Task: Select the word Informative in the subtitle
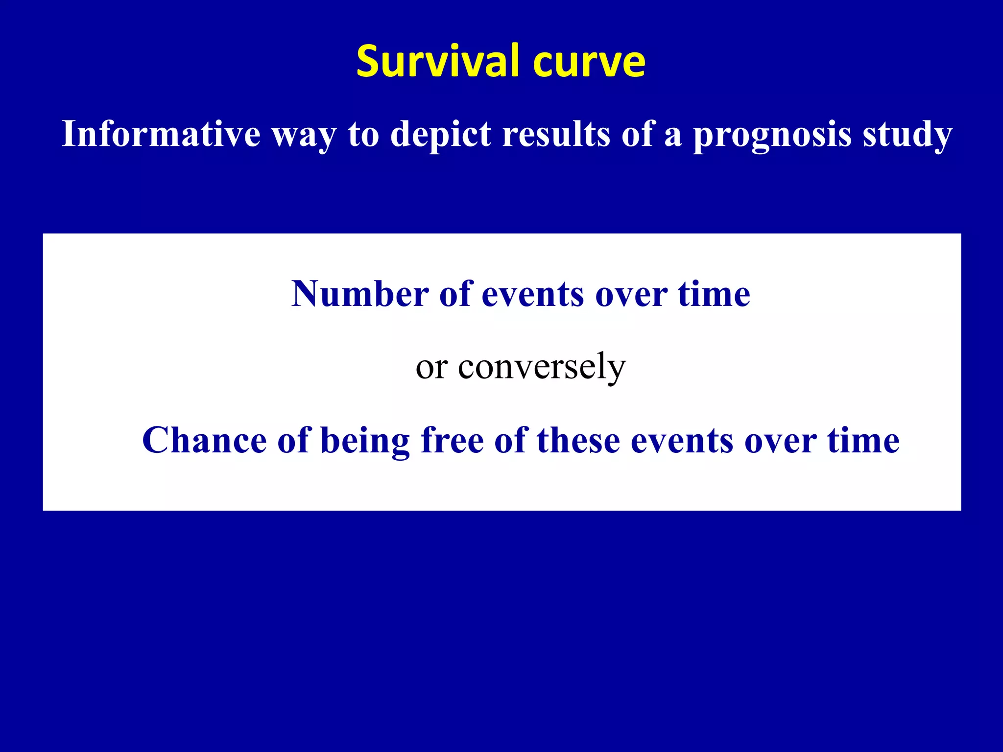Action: click(x=161, y=134)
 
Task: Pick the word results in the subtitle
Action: click(x=556, y=134)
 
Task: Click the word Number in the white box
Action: click(x=360, y=294)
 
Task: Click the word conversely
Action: click(x=542, y=366)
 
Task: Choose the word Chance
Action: click(x=204, y=440)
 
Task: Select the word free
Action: click(x=452, y=440)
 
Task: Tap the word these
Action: click(x=578, y=440)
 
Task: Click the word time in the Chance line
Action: click(x=863, y=440)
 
